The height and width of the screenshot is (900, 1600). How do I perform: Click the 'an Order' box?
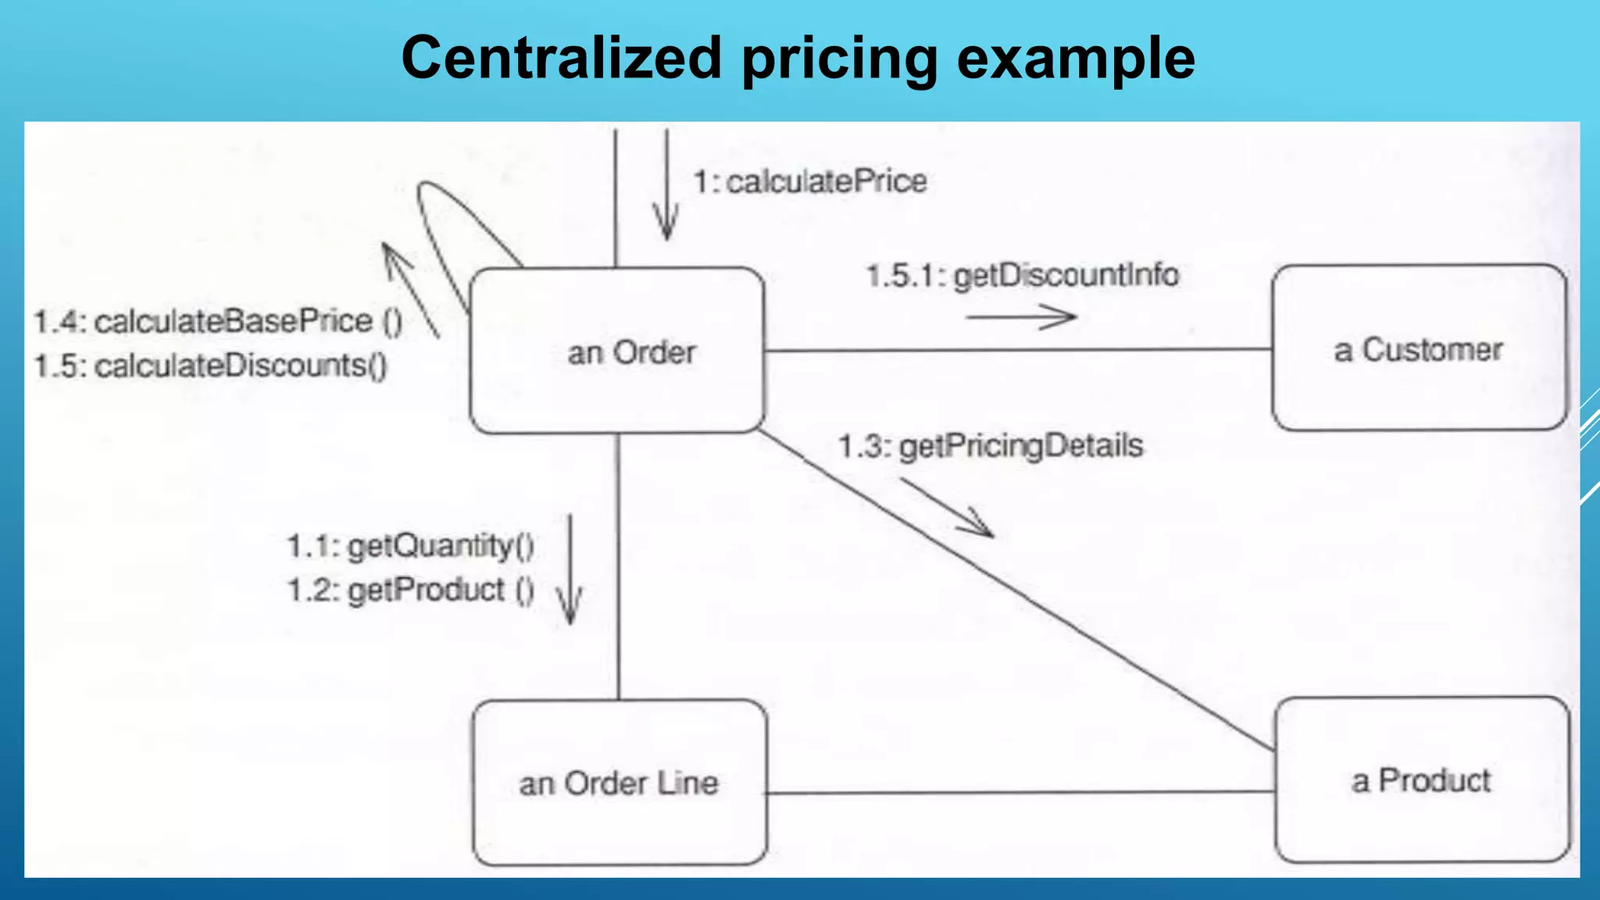617,351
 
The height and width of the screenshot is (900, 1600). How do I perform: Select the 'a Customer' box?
1419,348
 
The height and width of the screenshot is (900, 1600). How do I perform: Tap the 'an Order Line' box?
620,783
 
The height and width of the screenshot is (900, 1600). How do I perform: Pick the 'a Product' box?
1422,780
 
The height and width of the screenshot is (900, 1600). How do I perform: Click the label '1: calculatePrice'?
810,182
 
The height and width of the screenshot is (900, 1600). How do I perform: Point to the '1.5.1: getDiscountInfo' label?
1023,276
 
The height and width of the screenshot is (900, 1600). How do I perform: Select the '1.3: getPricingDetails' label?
991,446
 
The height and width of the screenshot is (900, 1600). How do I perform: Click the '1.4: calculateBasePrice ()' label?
218,321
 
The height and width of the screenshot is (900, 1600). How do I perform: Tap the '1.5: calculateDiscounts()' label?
210,366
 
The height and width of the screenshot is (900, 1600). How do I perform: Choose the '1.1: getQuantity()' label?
411,545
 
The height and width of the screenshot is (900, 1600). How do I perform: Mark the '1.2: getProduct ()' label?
411,590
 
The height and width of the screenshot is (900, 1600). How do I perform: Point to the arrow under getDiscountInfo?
1021,317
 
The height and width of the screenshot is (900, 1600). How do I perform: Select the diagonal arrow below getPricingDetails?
947,509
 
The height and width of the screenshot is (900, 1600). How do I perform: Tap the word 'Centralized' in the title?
561,59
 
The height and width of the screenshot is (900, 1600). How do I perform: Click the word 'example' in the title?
1076,59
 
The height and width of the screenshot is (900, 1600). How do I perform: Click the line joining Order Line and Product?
1020,793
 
